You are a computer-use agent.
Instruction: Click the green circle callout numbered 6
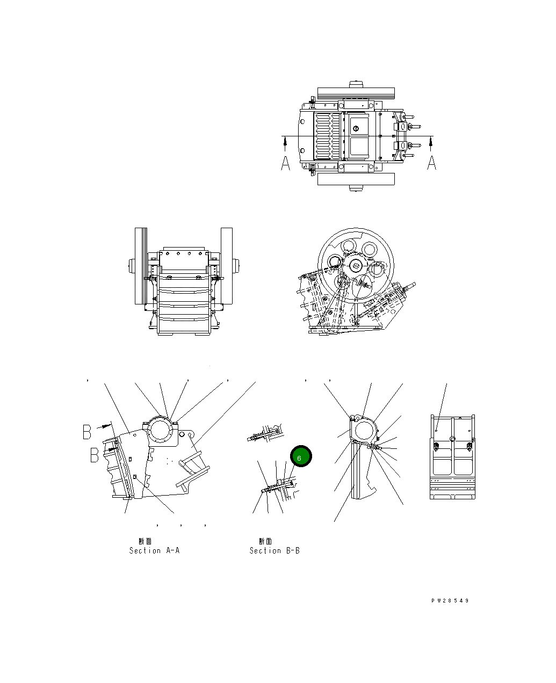coord(301,456)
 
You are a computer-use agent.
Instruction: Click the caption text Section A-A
coord(154,550)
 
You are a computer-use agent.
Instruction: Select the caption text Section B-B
coord(275,550)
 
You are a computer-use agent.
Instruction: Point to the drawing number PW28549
coord(450,600)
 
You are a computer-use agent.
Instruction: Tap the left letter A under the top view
coord(285,163)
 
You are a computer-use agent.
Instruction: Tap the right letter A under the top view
coord(431,163)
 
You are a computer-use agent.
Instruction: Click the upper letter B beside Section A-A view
coord(87,432)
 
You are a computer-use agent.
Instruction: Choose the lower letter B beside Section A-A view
coord(95,455)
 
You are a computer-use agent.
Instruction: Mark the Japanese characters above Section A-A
coord(145,541)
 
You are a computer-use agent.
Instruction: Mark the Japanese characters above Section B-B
coord(265,541)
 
